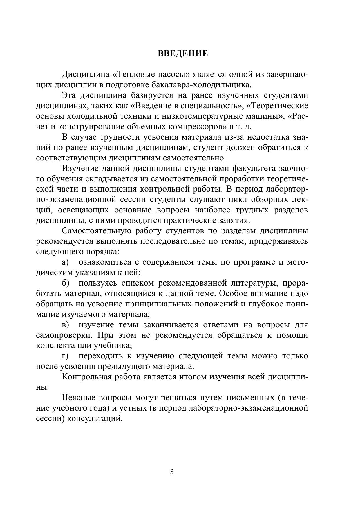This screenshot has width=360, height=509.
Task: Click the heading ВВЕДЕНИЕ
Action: coord(183,54)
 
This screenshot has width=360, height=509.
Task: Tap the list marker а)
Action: coord(65,262)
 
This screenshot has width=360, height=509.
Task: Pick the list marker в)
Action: coord(65,325)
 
